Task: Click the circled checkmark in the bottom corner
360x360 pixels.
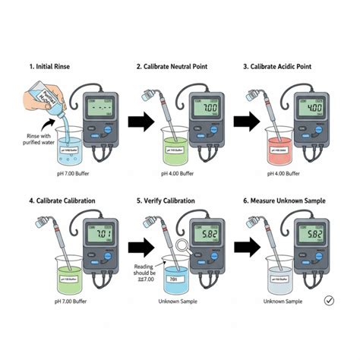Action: click(x=329, y=301)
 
